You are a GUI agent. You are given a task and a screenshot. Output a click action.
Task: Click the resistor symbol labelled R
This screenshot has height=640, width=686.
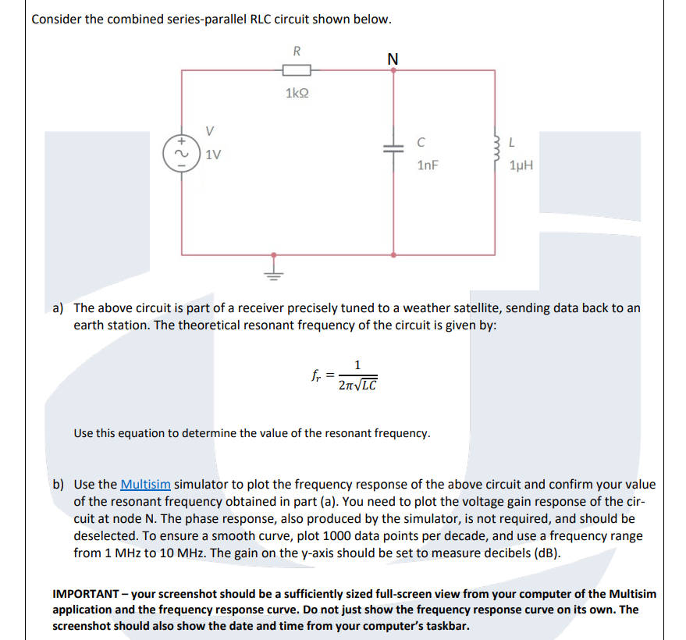point(297,71)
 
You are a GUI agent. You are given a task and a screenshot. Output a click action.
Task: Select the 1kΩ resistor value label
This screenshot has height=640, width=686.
point(297,94)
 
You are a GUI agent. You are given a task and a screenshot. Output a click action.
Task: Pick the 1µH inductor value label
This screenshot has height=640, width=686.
point(520,165)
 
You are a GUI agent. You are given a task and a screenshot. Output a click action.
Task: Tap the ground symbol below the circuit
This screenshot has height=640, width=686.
point(273,269)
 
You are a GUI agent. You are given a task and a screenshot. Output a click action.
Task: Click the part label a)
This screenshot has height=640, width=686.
point(59,308)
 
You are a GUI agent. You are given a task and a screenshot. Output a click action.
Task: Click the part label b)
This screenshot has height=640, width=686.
point(59,484)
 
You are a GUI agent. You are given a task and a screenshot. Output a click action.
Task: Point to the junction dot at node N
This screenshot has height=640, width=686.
point(393,70)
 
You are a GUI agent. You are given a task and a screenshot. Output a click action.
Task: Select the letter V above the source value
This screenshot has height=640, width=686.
point(208,130)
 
